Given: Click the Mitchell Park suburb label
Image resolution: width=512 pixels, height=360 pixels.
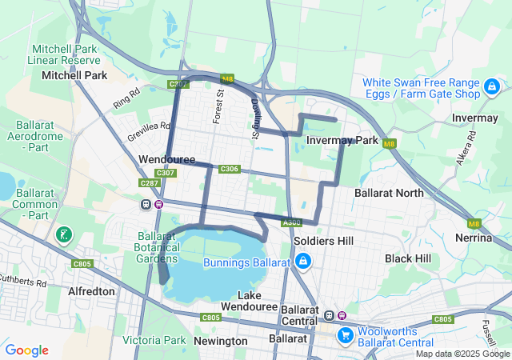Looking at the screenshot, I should (74, 75).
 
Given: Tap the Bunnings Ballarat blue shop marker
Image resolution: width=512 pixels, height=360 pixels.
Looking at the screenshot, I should (303, 262).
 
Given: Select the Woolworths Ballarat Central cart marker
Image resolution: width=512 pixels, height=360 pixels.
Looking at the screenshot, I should (346, 334).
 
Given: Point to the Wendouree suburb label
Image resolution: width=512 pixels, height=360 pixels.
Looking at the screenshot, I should (166, 160).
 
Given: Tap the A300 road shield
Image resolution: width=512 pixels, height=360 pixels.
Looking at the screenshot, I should (291, 222).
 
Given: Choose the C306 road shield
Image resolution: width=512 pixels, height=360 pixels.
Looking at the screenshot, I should (229, 169).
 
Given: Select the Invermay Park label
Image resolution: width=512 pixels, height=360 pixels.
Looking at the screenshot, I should (342, 141).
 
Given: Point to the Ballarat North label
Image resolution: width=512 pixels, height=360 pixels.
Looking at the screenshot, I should (390, 193).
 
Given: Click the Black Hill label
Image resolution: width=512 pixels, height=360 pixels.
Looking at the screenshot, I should (407, 258).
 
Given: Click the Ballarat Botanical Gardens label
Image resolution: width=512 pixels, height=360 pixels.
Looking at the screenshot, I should (157, 247).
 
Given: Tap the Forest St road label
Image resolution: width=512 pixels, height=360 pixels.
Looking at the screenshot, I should (218, 106).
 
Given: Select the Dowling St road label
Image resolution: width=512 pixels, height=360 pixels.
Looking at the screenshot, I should (254, 118).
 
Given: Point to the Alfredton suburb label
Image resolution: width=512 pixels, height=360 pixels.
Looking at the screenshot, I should (92, 291).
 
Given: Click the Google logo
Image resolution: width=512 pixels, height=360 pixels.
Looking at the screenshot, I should (27, 350).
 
